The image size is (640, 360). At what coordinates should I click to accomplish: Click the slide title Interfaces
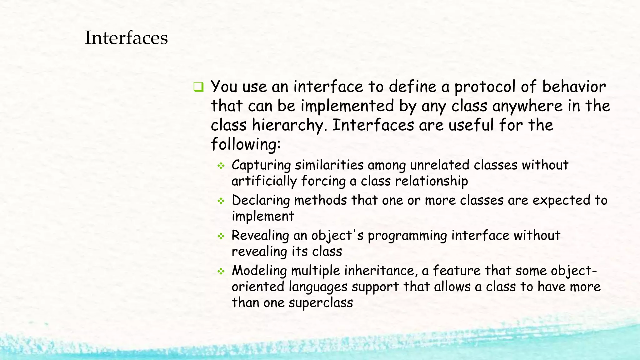[x=126, y=38]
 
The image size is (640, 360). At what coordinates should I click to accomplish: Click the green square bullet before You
[x=198, y=87]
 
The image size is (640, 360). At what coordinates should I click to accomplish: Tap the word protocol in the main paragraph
[x=485, y=87]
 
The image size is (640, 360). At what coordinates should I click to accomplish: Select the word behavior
[x=574, y=87]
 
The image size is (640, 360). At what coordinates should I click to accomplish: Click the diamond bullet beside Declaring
[x=221, y=201]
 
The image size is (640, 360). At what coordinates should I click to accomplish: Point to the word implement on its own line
[x=263, y=216]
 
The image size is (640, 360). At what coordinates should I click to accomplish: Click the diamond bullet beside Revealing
[x=221, y=236]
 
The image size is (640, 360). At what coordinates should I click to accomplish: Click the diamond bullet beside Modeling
[x=221, y=271]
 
